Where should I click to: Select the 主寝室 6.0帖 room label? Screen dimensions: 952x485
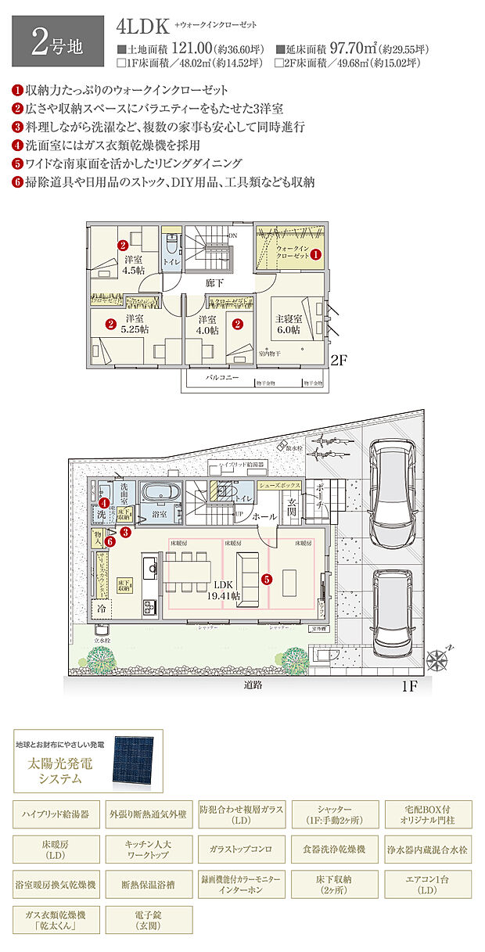coord(288,325)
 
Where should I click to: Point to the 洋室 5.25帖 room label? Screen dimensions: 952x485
coord(133,325)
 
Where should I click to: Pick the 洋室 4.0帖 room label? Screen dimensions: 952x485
coord(207,325)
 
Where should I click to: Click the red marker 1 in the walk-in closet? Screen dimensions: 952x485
coord(316,254)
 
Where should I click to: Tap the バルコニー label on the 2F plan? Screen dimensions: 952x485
coord(222,377)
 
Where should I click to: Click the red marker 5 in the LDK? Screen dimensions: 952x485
coord(266,580)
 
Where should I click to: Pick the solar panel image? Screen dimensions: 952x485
coord(138,759)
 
